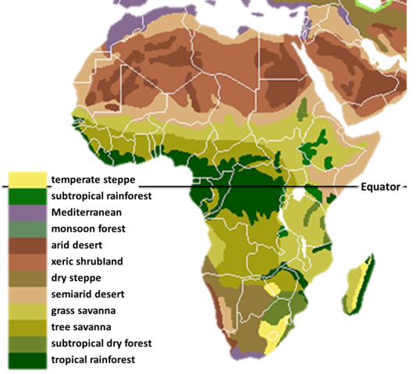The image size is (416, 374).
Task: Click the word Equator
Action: click(x=379, y=187)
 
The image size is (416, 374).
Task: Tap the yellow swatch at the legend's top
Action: click(x=27, y=178)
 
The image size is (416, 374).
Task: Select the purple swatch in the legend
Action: click(x=27, y=212)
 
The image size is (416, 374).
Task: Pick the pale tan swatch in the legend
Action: click(x=27, y=295)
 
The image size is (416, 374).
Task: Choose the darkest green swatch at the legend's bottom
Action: click(x=27, y=362)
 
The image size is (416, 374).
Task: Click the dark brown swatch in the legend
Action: click(x=27, y=245)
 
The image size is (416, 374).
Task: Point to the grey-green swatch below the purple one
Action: click(x=27, y=228)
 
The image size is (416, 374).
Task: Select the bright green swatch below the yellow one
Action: click(x=27, y=194)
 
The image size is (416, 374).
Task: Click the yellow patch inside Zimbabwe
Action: click(x=272, y=290)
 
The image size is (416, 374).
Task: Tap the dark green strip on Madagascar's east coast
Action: click(x=361, y=277)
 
